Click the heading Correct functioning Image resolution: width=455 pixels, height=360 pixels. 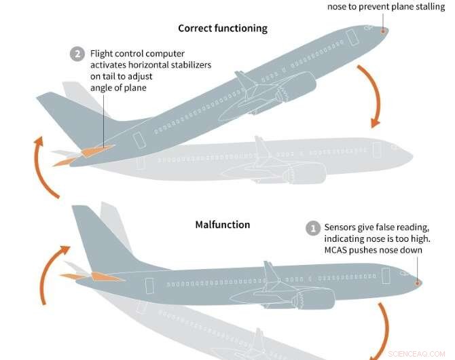click(223, 29)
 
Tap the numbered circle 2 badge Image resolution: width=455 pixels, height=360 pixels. click(78, 54)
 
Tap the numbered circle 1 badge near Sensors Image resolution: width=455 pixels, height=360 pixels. click(313, 229)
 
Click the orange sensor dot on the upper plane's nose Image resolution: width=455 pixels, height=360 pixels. click(382, 31)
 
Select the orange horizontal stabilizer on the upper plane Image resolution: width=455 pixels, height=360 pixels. click(95, 149)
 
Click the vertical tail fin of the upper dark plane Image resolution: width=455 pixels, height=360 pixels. click(68, 109)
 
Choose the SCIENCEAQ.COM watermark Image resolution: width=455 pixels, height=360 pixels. click(417, 354)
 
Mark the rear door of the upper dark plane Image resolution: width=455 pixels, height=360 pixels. click(140, 141)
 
